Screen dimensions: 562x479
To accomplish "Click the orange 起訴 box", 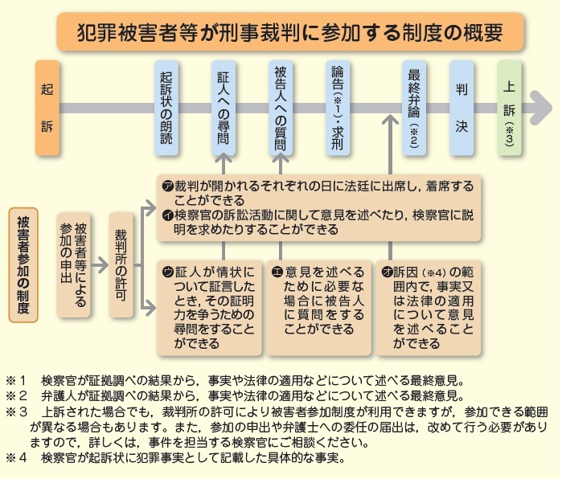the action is pyautogui.click(x=47, y=108).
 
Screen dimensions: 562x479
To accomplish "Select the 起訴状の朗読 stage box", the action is pyautogui.click(x=166, y=108).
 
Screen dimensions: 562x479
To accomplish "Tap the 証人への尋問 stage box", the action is pyautogui.click(x=224, y=108).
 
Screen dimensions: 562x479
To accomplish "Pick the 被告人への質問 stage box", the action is pyautogui.click(x=281, y=108).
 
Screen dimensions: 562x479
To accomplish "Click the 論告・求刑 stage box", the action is pyautogui.click(x=338, y=108).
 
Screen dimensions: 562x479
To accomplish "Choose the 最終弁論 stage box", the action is pyautogui.click(x=414, y=108).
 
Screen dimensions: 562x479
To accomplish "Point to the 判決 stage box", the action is pyautogui.click(x=461, y=108).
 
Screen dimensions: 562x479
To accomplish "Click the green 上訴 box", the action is pyautogui.click(x=509, y=108).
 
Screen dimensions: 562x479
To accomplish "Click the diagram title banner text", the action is pyautogui.click(x=290, y=32).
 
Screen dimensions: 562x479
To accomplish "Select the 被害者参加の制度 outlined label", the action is pyautogui.click(x=23, y=264).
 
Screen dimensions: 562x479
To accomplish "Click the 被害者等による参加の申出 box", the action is pyautogui.click(x=73, y=264).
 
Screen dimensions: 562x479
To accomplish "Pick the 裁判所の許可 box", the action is pyautogui.click(x=121, y=264).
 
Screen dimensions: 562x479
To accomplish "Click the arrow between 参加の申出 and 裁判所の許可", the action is pyautogui.click(x=100, y=265).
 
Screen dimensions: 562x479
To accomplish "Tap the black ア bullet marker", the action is pyautogui.click(x=168, y=186).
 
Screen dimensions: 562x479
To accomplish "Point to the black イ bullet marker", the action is pyautogui.click(x=168, y=215).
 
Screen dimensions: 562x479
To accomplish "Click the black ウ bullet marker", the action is pyautogui.click(x=168, y=272).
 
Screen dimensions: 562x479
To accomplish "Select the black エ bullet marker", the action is pyautogui.click(x=277, y=272).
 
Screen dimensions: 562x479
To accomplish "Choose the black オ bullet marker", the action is pyautogui.click(x=387, y=272).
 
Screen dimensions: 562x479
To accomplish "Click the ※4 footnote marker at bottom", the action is pyautogui.click(x=16, y=457).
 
